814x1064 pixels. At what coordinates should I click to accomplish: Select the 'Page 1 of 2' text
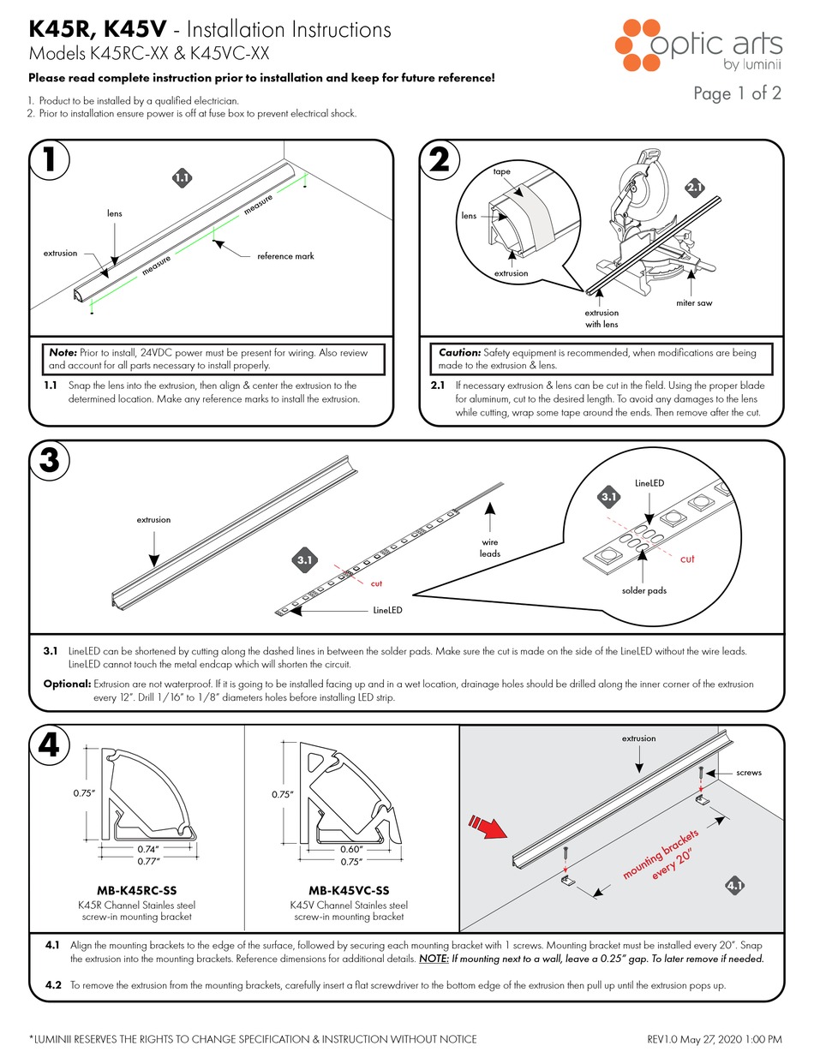pyautogui.click(x=737, y=94)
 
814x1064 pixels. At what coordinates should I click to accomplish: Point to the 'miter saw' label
pyautogui.click(x=693, y=303)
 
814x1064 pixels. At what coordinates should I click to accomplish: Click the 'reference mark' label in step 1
pyautogui.click(x=285, y=256)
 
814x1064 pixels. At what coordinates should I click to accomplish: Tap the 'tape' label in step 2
pyautogui.click(x=501, y=171)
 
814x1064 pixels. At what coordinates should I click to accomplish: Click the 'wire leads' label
pyautogui.click(x=490, y=548)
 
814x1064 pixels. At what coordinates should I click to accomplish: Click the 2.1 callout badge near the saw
pyautogui.click(x=695, y=187)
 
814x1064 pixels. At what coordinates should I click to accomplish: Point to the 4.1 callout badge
pyautogui.click(x=735, y=885)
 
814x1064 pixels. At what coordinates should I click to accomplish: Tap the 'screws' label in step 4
pyautogui.click(x=748, y=772)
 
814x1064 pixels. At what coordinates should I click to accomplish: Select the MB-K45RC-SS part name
pyautogui.click(x=139, y=890)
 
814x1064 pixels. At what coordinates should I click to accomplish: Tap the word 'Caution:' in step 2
pyautogui.click(x=459, y=352)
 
